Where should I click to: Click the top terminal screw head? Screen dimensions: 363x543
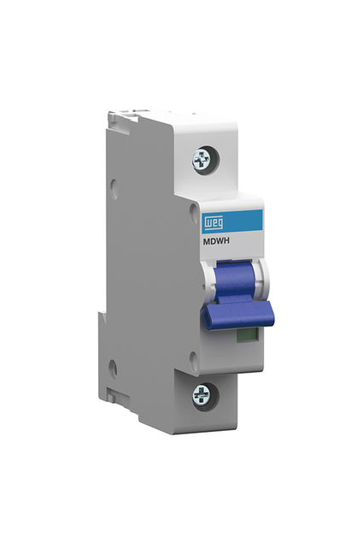coord(200,161)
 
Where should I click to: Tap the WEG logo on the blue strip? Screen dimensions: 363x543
coord(213,223)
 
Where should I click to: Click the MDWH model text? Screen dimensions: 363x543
coord(216,242)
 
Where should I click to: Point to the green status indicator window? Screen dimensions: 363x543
coord(247,335)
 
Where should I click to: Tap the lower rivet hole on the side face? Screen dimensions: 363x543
coord(113,368)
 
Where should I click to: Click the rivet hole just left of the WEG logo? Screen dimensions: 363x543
coord(193,209)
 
